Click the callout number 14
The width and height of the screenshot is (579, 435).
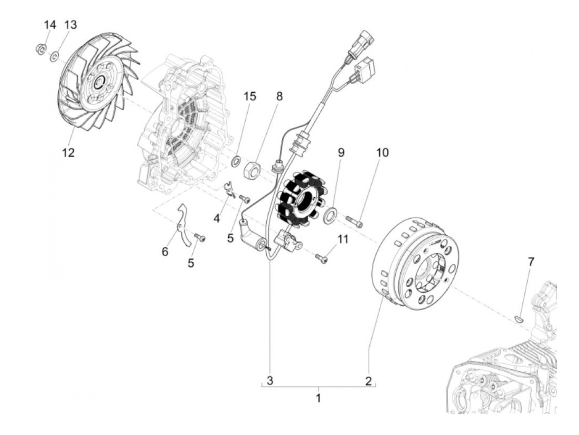coord(50,25)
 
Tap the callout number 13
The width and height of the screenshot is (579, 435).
coord(70,25)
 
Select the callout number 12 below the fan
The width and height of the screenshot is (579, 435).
coord(68,153)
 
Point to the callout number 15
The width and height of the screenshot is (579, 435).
coord(250,96)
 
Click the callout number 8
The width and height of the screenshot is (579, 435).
coord(280,96)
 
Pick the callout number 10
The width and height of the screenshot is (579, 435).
coord(382,153)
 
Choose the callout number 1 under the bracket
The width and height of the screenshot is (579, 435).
coord(318,398)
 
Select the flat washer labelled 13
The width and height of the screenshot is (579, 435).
coord(54,55)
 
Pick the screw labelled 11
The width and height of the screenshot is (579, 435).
coord(321,258)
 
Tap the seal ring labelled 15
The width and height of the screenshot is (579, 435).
coord(235,160)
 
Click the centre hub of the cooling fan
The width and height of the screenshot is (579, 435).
coord(98,84)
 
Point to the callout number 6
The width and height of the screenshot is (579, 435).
coord(165,251)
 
